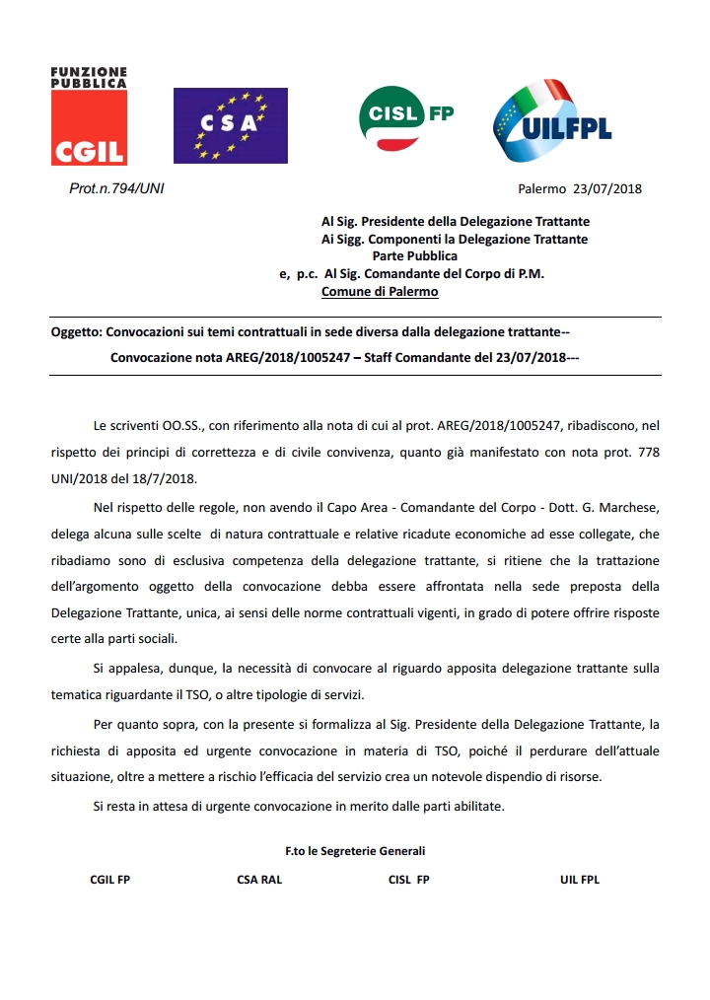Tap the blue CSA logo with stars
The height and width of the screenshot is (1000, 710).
(230, 125)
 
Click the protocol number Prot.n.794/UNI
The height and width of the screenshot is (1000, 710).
(116, 188)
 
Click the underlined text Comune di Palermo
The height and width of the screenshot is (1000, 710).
(380, 292)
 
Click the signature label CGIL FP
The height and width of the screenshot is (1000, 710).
(109, 880)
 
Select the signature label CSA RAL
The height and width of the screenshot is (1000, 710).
(259, 880)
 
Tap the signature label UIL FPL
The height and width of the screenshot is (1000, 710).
(580, 880)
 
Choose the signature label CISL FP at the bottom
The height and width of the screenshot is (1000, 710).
(409, 880)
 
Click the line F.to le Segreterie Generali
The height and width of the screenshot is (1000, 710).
(355, 850)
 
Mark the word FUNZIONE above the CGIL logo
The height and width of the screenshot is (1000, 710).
(89, 72)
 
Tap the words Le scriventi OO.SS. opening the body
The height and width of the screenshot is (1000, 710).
(147, 425)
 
